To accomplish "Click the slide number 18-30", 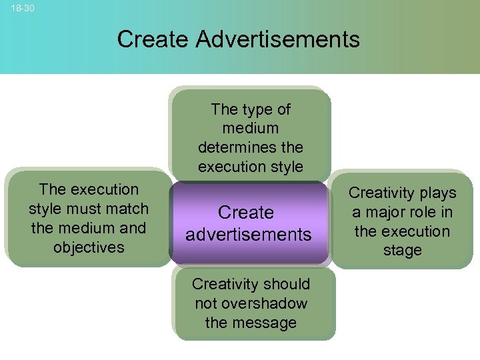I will tap(23, 9).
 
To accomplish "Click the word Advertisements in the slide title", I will tap(277, 39).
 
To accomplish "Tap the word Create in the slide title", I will tap(153, 39).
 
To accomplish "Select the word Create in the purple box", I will tap(246, 213).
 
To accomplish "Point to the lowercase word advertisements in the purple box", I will tap(248, 235).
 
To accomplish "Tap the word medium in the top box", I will tap(251, 127).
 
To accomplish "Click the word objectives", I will tap(89, 247).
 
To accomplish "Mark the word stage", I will tap(402, 251).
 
